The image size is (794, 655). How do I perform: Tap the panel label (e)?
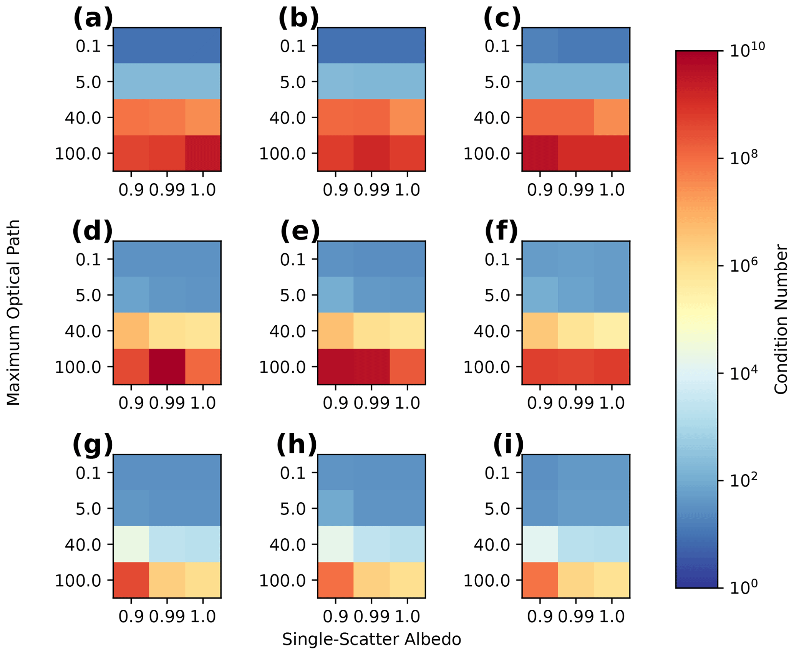(x=300, y=232)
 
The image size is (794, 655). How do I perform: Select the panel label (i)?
(x=508, y=445)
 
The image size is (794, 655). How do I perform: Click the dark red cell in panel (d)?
(x=167, y=366)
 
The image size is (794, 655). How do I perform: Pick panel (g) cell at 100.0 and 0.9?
(x=131, y=580)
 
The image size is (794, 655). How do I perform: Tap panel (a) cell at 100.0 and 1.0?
(x=203, y=153)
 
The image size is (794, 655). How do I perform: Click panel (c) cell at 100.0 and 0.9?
(x=540, y=153)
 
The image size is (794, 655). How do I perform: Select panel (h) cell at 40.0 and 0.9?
(x=335, y=544)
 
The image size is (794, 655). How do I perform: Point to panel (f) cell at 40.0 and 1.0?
(x=612, y=331)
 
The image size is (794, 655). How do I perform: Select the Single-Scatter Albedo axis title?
(x=371, y=640)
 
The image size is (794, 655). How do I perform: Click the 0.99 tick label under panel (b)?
(x=371, y=190)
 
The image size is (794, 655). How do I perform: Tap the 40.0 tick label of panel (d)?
(x=83, y=331)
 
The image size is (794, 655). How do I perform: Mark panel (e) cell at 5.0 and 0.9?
(x=335, y=295)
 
